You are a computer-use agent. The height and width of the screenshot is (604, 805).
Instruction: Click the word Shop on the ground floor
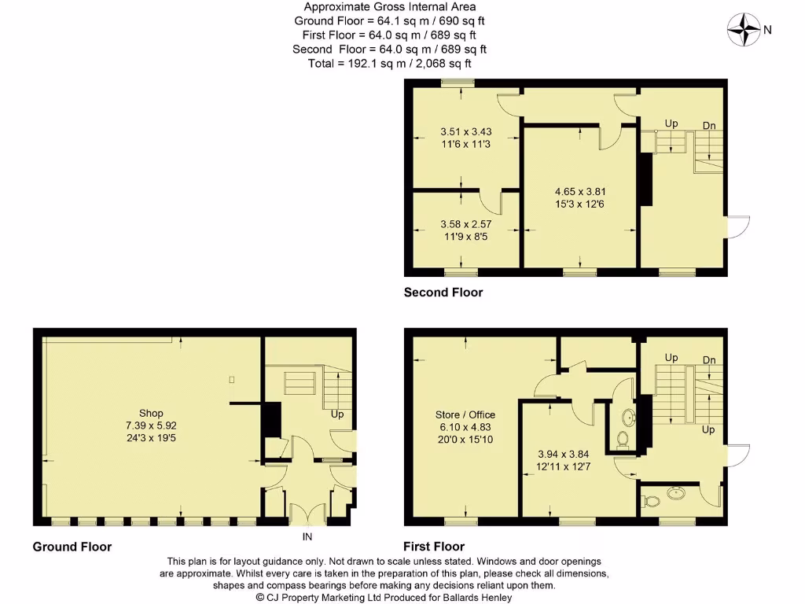(x=151, y=413)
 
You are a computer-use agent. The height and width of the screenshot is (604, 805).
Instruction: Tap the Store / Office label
(x=465, y=414)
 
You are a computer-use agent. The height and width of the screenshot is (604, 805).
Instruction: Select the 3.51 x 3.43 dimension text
(x=465, y=132)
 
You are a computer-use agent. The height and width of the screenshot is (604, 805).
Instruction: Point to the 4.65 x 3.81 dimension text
(x=580, y=191)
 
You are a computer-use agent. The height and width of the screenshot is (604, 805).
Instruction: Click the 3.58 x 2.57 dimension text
(x=465, y=223)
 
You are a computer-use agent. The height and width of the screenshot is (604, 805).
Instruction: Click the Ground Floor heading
(x=72, y=547)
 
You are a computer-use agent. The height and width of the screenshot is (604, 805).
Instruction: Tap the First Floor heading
(x=434, y=547)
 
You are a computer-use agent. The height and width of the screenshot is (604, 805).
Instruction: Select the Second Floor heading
(x=443, y=293)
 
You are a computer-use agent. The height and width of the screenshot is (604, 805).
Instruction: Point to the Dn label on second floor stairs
(x=708, y=125)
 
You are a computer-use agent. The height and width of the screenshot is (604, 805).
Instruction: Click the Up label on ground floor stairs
(x=337, y=414)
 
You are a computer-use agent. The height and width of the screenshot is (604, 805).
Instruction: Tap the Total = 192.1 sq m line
(x=394, y=63)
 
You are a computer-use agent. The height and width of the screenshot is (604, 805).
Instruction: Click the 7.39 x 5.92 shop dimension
(x=151, y=425)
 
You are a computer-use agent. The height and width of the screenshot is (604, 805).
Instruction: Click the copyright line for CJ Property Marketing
(x=384, y=597)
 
